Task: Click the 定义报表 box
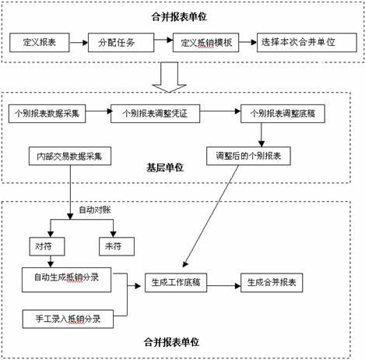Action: tap(40, 42)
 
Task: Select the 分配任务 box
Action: tap(121, 42)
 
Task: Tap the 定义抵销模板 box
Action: tap(206, 42)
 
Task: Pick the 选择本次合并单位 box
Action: tap(307, 42)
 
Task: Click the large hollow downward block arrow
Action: tap(169, 78)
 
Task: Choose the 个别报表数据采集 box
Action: tap(47, 114)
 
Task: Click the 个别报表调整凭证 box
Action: tap(155, 114)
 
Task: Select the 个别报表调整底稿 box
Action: tap(283, 114)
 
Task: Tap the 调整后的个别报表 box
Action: tap(248, 156)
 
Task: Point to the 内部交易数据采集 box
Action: tap(70, 156)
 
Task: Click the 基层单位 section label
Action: tap(165, 168)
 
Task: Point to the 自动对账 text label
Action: tap(95, 210)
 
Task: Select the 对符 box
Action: tap(47, 246)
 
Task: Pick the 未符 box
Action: tap(117, 246)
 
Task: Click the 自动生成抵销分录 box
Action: tap(66, 280)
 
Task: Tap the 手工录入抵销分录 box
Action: tap(68, 319)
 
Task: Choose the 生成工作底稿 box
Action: tap(176, 283)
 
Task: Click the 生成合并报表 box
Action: tap(272, 283)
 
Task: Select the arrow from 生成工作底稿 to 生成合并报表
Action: tap(223, 286)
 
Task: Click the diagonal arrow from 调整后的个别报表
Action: tap(211, 216)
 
